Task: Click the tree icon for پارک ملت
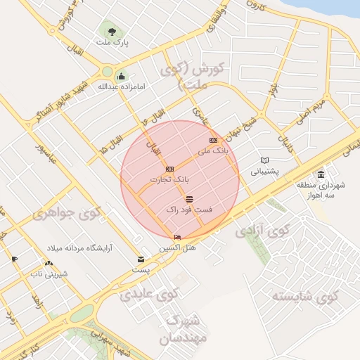110,29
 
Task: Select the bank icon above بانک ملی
213,140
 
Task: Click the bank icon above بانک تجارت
169,169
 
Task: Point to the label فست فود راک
190,210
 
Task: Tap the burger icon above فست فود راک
190,200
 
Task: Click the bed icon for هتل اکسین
177,238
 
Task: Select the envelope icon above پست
141,259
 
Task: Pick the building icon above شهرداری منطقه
321,174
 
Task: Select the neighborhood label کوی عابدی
146,293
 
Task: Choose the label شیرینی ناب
51,272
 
